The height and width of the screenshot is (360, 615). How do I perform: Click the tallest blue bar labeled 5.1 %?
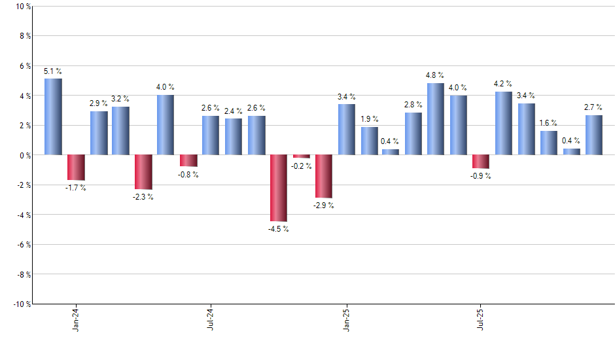click(53, 117)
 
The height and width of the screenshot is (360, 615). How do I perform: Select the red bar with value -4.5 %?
click(279, 188)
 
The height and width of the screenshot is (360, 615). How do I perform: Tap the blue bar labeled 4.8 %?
click(435, 119)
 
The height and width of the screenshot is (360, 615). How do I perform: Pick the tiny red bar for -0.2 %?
click(301, 156)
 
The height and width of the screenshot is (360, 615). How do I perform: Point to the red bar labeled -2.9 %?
click(324, 176)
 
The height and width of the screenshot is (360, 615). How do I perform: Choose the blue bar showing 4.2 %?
click(503, 123)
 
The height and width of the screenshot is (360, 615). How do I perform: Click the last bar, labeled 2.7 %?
click(593, 135)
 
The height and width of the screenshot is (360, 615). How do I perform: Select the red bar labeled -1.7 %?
click(76, 168)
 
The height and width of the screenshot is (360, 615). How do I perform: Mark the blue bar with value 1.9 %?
click(369, 141)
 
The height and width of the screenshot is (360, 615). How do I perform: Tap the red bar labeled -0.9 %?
click(480, 162)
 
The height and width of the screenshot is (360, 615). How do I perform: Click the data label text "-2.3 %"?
click(143, 197)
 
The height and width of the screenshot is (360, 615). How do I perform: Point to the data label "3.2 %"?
click(120, 99)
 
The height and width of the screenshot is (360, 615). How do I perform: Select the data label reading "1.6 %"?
click(548, 123)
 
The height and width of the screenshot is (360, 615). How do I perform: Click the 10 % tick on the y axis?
click(22, 7)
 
